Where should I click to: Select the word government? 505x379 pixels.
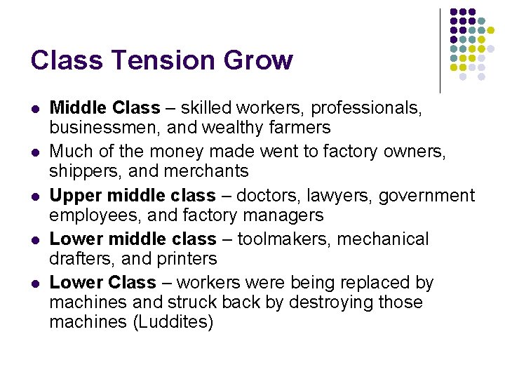click(427, 196)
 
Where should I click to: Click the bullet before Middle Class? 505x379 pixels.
click(35, 109)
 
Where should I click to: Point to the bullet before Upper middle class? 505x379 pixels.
click(35, 197)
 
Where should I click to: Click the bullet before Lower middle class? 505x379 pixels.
click(35, 240)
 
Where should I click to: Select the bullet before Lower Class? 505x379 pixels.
click(35, 284)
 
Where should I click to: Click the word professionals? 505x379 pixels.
click(366, 109)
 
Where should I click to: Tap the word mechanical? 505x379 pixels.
click(383, 239)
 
